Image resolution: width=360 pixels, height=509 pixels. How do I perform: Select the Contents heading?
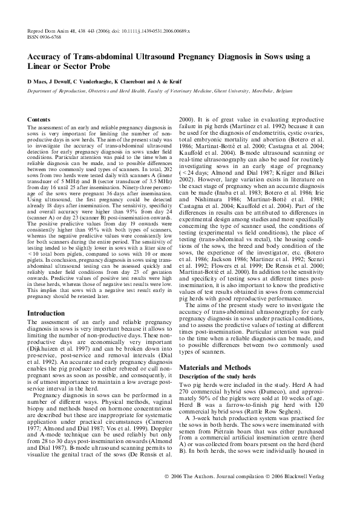point(39,121)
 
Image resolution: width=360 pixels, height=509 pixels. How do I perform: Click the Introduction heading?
point(50,313)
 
